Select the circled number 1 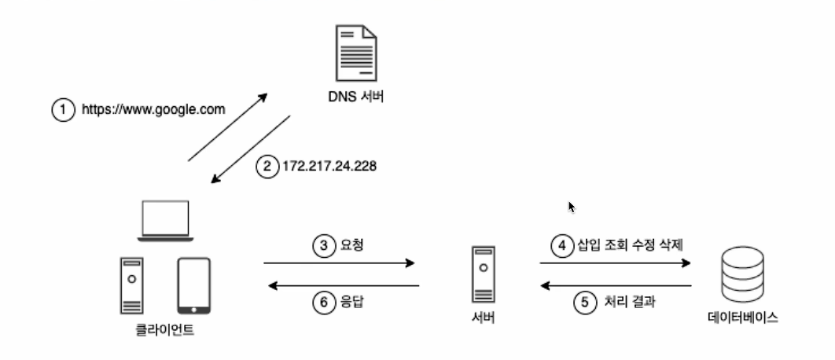coord(63,110)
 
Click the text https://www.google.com coord(153,110)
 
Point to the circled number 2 coord(267,166)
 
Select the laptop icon coord(164,220)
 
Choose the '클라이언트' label coord(164,330)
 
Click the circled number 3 coord(325,245)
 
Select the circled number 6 coord(325,302)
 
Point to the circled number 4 coord(561,245)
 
